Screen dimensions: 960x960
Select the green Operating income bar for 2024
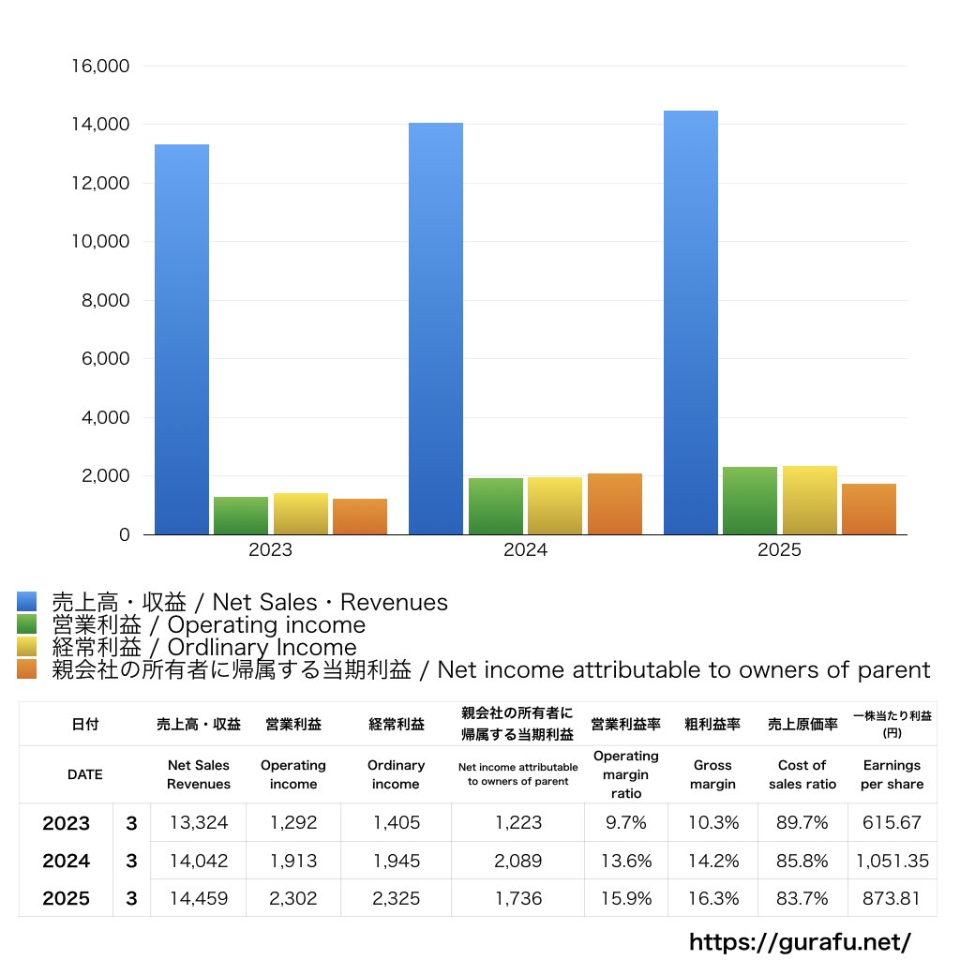496,506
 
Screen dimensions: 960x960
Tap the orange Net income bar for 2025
869,509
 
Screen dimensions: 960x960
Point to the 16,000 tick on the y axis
100,67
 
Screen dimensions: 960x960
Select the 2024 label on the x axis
525,550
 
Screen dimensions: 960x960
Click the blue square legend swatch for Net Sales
26,602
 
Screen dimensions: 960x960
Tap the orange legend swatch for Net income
26,669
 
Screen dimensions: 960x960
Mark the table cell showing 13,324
199,823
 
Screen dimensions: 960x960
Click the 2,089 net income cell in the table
517,861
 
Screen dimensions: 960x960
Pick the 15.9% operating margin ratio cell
626,898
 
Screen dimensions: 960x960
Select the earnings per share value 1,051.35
892,861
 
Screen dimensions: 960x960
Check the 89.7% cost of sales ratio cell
802,823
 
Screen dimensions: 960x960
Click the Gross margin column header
712,774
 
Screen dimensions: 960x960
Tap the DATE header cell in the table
85,774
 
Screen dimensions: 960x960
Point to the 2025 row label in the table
67,898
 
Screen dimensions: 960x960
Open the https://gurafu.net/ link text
800,941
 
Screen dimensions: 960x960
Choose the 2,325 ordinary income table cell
396,898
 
